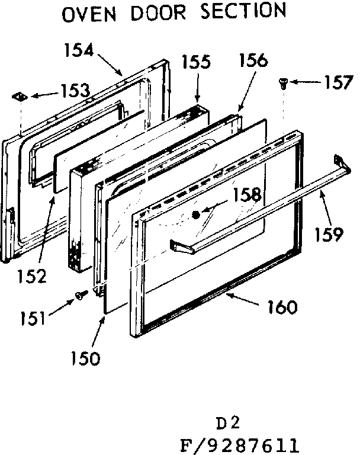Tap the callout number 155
(x=196, y=62)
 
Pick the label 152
(x=31, y=275)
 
